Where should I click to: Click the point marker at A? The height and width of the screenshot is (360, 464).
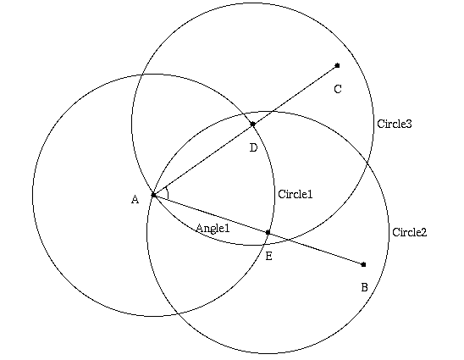click(153, 195)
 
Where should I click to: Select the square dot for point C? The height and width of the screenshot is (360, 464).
click(337, 65)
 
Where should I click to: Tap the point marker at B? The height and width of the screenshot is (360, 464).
click(364, 264)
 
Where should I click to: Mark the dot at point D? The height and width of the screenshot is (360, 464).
click(252, 124)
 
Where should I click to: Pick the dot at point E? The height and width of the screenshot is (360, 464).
click(268, 232)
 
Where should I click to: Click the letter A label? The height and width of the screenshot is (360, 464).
click(135, 200)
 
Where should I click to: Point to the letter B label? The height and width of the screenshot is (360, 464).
click(365, 287)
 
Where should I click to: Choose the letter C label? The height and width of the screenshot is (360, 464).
click(338, 89)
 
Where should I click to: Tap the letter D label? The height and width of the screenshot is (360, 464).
click(254, 147)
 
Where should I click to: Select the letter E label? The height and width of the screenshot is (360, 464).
click(268, 256)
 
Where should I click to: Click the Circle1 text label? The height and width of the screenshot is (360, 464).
click(296, 194)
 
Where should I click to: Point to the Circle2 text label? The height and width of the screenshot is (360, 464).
click(410, 232)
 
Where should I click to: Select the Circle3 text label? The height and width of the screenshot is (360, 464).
click(395, 124)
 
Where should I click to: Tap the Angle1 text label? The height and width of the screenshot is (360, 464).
click(213, 228)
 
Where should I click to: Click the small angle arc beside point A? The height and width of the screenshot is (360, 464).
click(168, 193)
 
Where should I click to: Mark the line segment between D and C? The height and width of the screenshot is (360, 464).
click(295, 95)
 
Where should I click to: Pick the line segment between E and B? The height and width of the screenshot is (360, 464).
click(316, 248)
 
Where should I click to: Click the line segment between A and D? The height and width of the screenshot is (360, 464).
click(203, 159)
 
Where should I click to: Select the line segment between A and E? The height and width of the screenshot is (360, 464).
click(211, 213)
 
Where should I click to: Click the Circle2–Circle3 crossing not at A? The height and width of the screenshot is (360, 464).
click(367, 163)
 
